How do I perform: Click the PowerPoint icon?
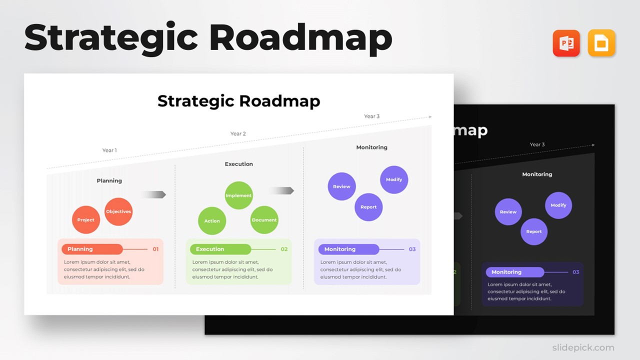click(x=566, y=43)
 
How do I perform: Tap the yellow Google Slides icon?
click(x=601, y=43)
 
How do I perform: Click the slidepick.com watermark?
click(x=583, y=347)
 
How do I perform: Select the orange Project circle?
click(x=86, y=220)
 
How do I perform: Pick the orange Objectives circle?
click(x=118, y=211)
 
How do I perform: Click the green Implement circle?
click(x=238, y=195)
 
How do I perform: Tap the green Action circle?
click(x=212, y=220)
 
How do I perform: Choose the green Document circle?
click(x=264, y=220)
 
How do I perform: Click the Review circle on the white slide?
click(x=341, y=186)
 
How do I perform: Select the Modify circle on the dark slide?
click(x=558, y=205)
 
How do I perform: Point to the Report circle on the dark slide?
click(x=534, y=231)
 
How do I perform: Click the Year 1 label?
click(x=109, y=150)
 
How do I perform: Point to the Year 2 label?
click(x=238, y=134)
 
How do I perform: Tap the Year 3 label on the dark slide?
click(x=537, y=144)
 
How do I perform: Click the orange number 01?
click(x=155, y=249)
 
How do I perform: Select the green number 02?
click(x=284, y=249)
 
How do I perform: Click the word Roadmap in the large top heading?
click(x=300, y=38)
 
